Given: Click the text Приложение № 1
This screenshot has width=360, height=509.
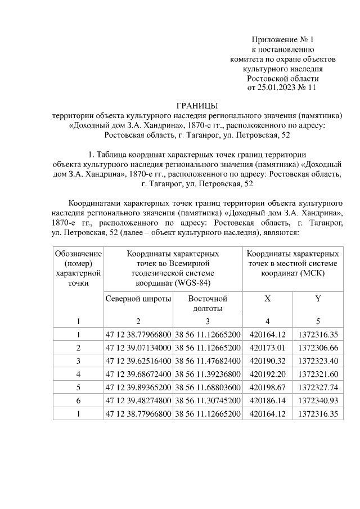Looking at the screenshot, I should coord(282,40).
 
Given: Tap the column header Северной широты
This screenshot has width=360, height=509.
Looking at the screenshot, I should coord(138,299).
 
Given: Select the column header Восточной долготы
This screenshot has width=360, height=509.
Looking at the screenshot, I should coord(208,304).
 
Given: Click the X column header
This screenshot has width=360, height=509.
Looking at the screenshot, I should coord(267,299).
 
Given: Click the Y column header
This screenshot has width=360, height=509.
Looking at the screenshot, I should coord(318,299).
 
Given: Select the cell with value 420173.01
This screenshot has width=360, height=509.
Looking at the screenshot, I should coord(267,346).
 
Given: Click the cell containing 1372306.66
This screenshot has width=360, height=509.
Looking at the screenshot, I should coord(318,346).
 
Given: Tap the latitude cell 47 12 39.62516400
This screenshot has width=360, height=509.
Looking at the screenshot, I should coord(138,360).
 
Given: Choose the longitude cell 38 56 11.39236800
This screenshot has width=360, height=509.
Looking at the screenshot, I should coord(208,373).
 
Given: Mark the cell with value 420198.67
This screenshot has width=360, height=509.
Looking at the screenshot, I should coord(267,387).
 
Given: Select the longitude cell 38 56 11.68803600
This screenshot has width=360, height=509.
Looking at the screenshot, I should coord(208,387).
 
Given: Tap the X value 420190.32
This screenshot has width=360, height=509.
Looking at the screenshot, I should coord(267,360).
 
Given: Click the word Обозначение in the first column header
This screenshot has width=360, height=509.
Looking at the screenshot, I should coord(78,254).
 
